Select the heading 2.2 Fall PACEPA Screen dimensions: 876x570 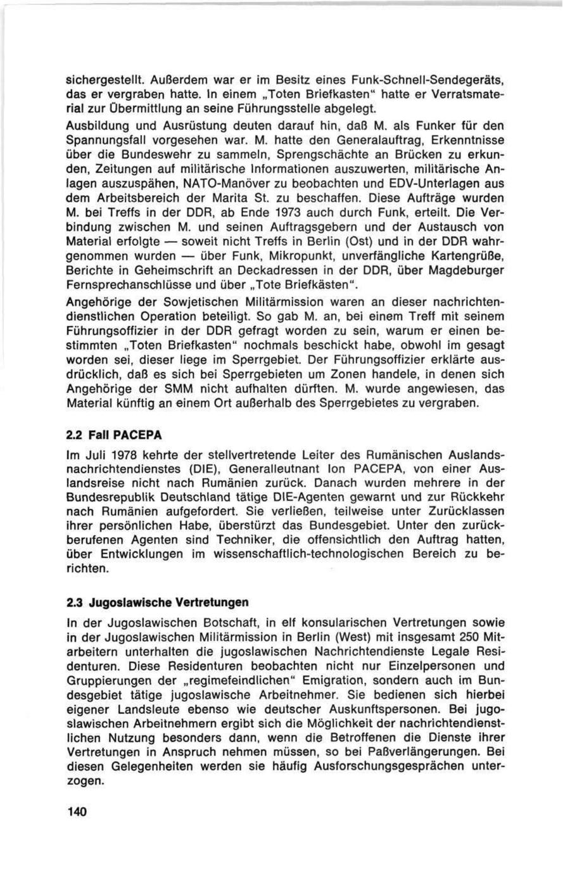[115, 436]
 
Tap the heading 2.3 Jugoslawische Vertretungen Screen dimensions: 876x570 [157, 601]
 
